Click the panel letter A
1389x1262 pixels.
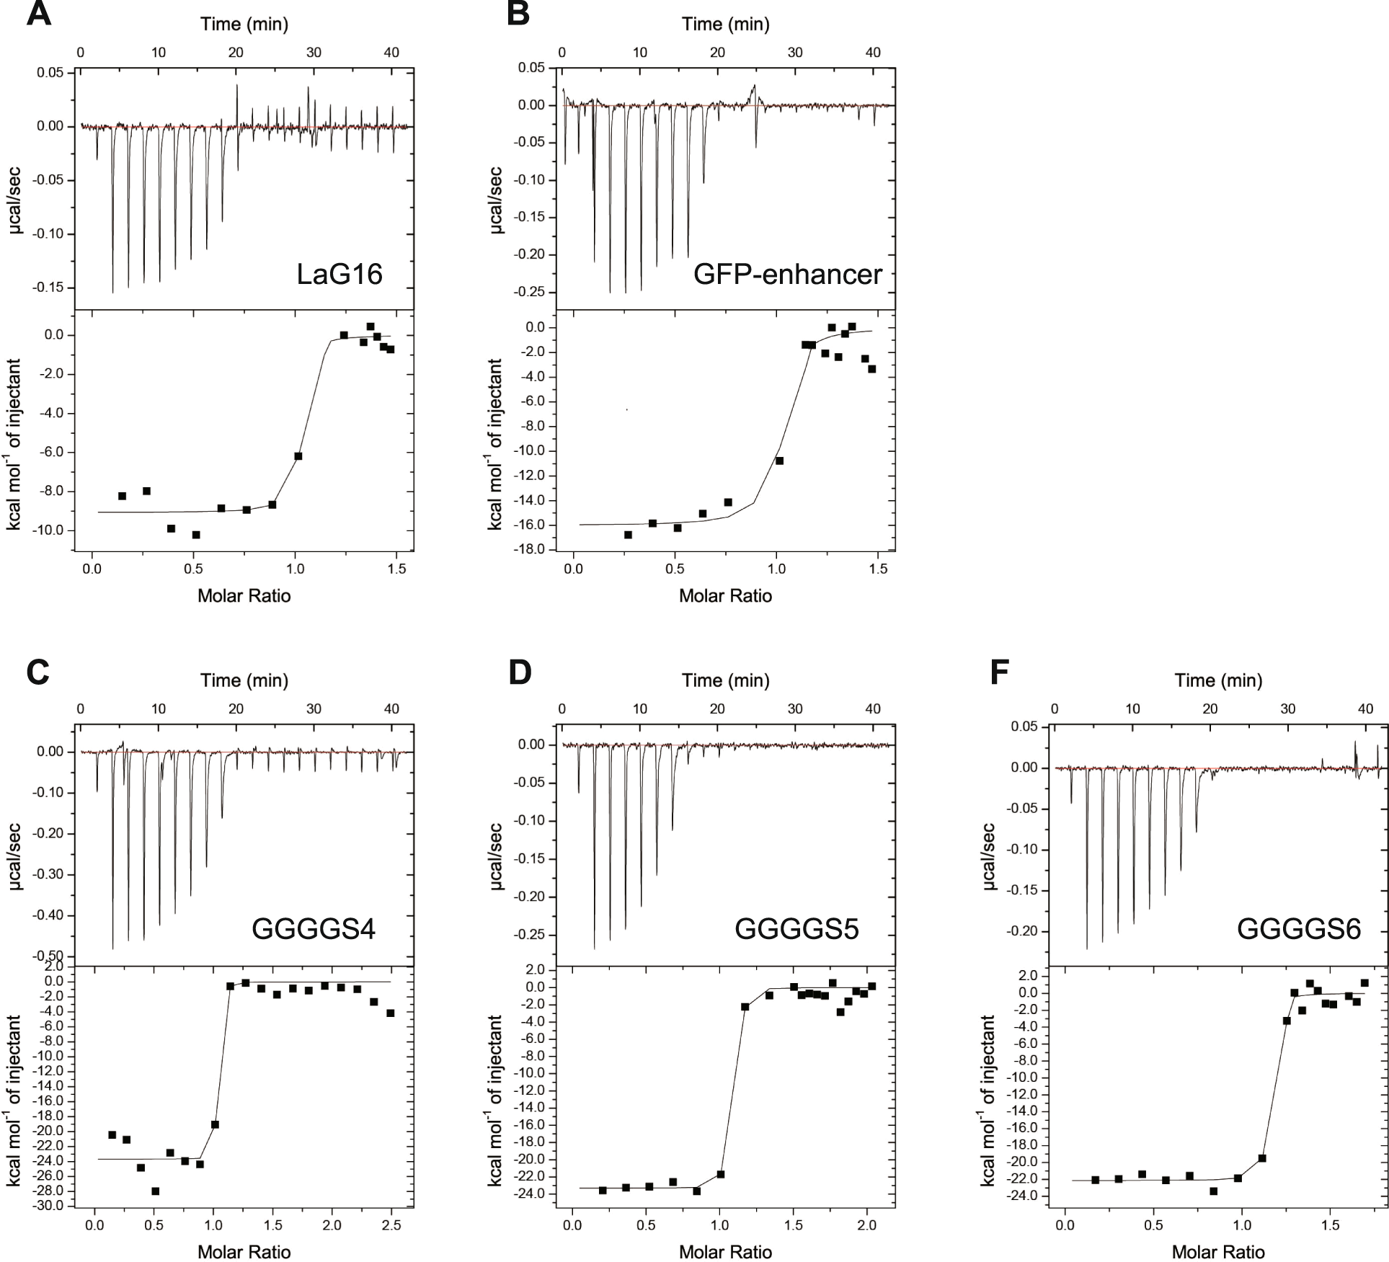coord(38,14)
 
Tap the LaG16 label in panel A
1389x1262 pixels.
coord(340,275)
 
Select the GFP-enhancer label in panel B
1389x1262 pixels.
coord(787,275)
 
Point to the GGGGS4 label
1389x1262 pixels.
coord(314,929)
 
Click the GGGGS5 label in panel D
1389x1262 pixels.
coord(796,929)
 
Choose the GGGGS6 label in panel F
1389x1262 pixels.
coord(1299,929)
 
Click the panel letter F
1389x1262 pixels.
coord(999,672)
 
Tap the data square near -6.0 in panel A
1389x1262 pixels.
coord(298,456)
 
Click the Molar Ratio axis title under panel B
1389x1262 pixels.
coord(725,595)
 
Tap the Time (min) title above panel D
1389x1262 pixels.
coord(725,680)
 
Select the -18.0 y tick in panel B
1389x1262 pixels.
coord(529,550)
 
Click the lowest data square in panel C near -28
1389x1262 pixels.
coord(155,1191)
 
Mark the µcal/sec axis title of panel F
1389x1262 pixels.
coord(988,856)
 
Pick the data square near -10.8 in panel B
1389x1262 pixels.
coord(779,461)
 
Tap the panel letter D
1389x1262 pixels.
coord(520,672)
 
